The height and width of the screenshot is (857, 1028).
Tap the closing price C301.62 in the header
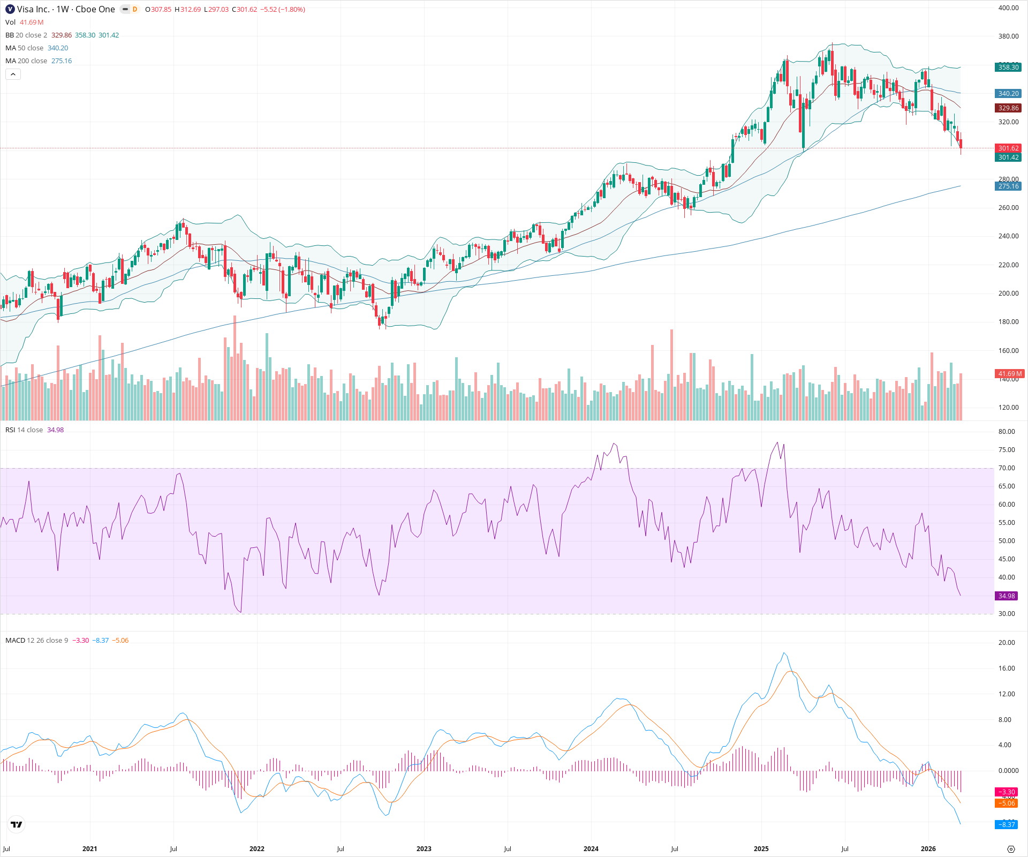tap(245, 9)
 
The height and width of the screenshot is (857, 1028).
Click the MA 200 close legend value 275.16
tap(62, 61)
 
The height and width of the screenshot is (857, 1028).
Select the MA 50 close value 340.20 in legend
tap(58, 48)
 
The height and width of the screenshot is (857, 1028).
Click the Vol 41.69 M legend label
tap(24, 22)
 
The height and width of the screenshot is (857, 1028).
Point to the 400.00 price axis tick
tap(1008, 8)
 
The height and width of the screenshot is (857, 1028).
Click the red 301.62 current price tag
tap(1008, 148)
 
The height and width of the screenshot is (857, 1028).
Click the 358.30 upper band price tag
tap(1008, 67)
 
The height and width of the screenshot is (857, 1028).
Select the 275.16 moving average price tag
tap(1008, 186)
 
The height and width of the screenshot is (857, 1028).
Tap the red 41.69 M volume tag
tap(1010, 373)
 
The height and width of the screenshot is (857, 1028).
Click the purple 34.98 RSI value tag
tap(1007, 596)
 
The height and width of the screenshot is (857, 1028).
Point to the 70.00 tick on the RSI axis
tap(1007, 468)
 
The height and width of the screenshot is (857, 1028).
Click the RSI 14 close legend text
tap(24, 430)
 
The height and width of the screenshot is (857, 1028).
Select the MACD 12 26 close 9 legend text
tap(36, 640)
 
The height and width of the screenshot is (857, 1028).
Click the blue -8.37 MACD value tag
tap(1007, 824)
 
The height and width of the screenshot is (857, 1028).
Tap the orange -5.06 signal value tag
tap(1007, 803)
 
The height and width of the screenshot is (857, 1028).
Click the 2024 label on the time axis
tap(591, 848)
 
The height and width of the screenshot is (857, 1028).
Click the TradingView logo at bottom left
tap(17, 824)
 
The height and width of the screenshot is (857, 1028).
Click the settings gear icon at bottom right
tap(1011, 849)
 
